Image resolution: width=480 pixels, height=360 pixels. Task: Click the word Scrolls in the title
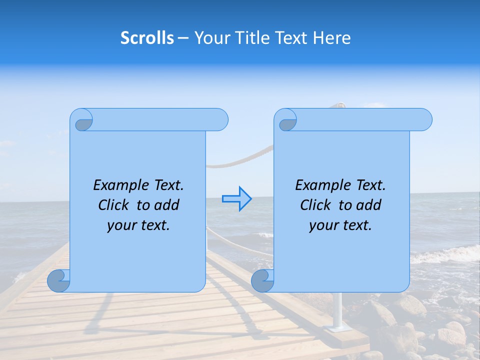click(x=147, y=38)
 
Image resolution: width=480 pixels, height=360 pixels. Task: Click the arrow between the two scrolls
click(x=237, y=199)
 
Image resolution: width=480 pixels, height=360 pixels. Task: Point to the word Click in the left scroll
click(x=115, y=205)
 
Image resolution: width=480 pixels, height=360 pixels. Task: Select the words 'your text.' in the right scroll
click(x=340, y=225)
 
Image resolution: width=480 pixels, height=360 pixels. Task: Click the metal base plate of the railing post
click(x=335, y=328)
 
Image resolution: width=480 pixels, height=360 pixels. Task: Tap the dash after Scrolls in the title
click(x=183, y=38)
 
